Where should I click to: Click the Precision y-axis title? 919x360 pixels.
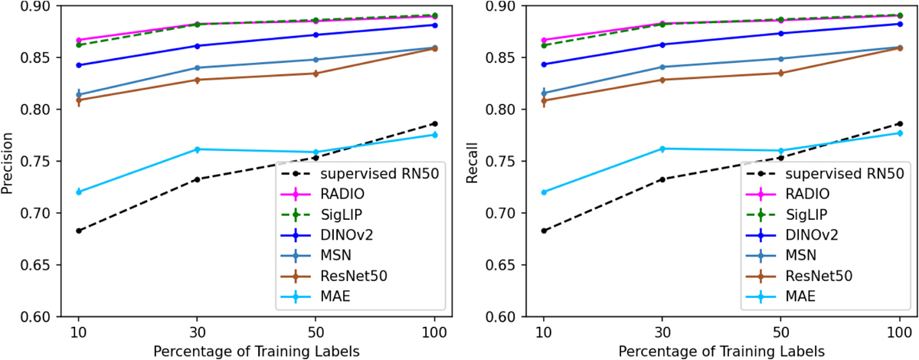click(9, 161)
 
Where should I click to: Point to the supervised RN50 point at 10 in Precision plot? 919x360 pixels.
click(79, 231)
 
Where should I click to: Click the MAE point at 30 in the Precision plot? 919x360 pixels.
click(197, 149)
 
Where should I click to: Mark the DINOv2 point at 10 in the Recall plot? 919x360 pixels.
click(544, 64)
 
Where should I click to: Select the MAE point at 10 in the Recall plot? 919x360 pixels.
click(544, 192)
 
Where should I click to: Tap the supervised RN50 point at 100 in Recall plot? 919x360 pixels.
click(899, 123)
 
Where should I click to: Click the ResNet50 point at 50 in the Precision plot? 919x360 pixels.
click(315, 74)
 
